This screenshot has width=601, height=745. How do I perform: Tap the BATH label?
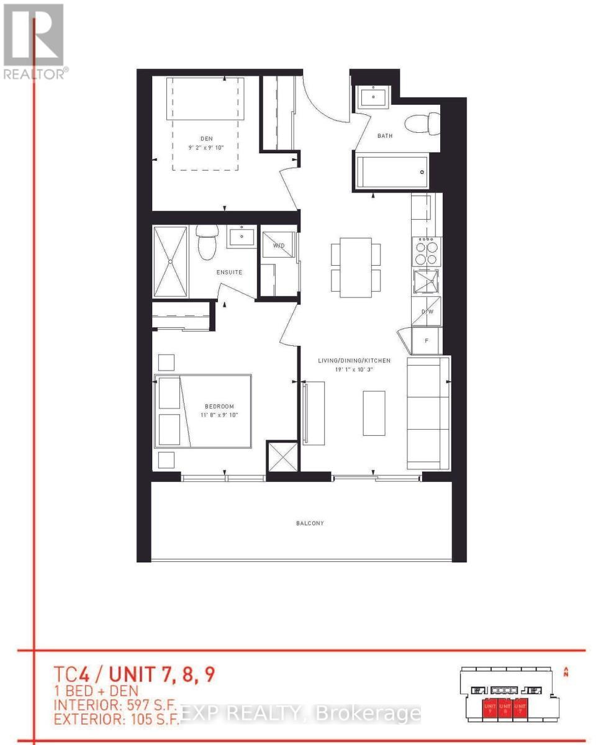pyautogui.click(x=384, y=136)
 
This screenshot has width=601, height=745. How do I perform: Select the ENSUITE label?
pyautogui.click(x=229, y=272)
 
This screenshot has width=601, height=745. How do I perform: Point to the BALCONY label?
pyautogui.click(x=309, y=523)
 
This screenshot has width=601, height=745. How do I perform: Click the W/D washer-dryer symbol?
pyautogui.click(x=279, y=246)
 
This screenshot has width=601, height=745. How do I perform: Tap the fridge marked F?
pyautogui.click(x=427, y=340)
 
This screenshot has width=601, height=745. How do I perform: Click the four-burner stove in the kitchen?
pyautogui.click(x=426, y=251)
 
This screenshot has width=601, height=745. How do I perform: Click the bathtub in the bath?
pyautogui.click(x=392, y=171)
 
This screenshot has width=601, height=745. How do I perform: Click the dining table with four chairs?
pyautogui.click(x=356, y=269)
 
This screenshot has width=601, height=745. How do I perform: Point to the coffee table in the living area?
pyautogui.click(x=374, y=412)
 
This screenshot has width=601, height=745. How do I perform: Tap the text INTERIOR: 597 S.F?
pyautogui.click(x=116, y=705)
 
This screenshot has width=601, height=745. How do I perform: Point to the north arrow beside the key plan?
pyautogui.click(x=566, y=671)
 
